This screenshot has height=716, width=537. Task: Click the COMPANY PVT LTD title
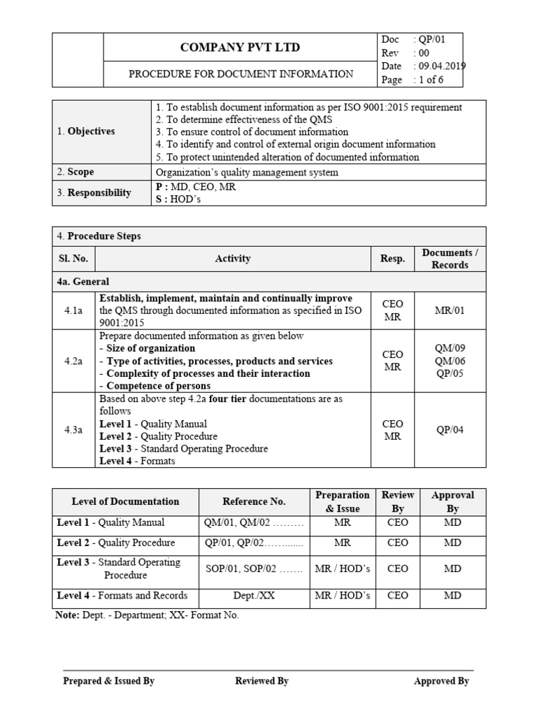click(x=241, y=48)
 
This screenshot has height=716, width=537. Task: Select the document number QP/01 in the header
click(x=430, y=39)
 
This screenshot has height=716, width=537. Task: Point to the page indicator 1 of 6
click(x=431, y=80)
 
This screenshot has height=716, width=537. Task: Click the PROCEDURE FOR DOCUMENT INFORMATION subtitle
click(x=241, y=73)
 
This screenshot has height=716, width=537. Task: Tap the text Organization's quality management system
click(x=246, y=172)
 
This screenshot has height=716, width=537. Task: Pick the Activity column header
click(x=233, y=259)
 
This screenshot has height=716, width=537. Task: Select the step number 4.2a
click(x=73, y=361)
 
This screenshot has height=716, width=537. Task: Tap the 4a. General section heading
click(x=83, y=282)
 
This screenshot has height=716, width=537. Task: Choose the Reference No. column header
click(x=254, y=501)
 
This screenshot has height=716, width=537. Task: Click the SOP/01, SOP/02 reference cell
click(x=254, y=569)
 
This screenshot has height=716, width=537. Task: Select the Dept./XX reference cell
click(x=254, y=596)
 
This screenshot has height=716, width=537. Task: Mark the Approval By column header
click(x=452, y=501)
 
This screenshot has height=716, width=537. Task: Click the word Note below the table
click(x=66, y=615)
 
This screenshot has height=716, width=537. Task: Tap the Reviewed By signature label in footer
click(x=262, y=681)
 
